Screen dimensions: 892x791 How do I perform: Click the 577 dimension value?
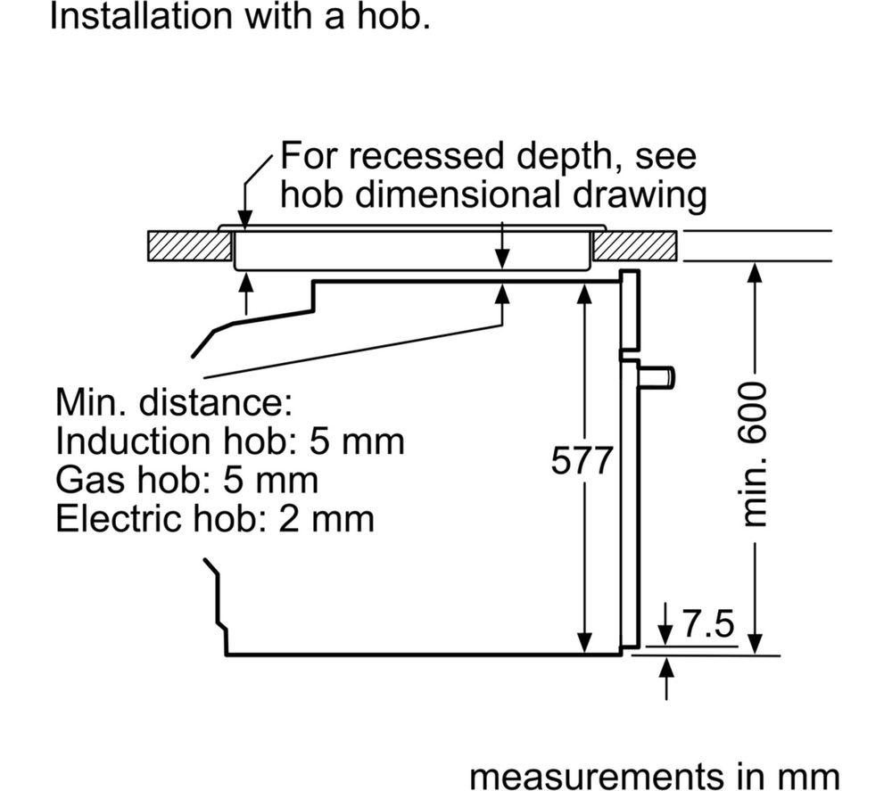pos(582,460)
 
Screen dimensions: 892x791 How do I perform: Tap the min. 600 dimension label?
pos(756,454)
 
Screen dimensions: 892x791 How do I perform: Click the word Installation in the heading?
pos(142,16)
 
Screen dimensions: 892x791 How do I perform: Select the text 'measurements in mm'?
pos(655,776)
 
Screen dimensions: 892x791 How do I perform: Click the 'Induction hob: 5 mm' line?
pos(230,441)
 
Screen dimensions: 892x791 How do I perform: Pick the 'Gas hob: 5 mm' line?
pos(187,480)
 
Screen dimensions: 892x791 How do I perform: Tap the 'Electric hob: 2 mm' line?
pos(215,518)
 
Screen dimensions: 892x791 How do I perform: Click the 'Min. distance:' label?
pos(174,402)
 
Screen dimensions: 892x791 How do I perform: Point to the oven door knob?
pos(657,377)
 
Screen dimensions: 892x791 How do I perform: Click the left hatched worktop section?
pos(190,245)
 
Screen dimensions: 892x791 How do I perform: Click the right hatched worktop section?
pos(635,245)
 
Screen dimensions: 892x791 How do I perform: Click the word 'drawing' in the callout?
pos(640,195)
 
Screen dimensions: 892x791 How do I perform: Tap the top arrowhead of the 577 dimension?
pos(584,293)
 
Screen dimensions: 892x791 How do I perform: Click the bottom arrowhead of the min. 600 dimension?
pos(755,643)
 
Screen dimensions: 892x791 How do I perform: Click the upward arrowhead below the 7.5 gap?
pos(666,666)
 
